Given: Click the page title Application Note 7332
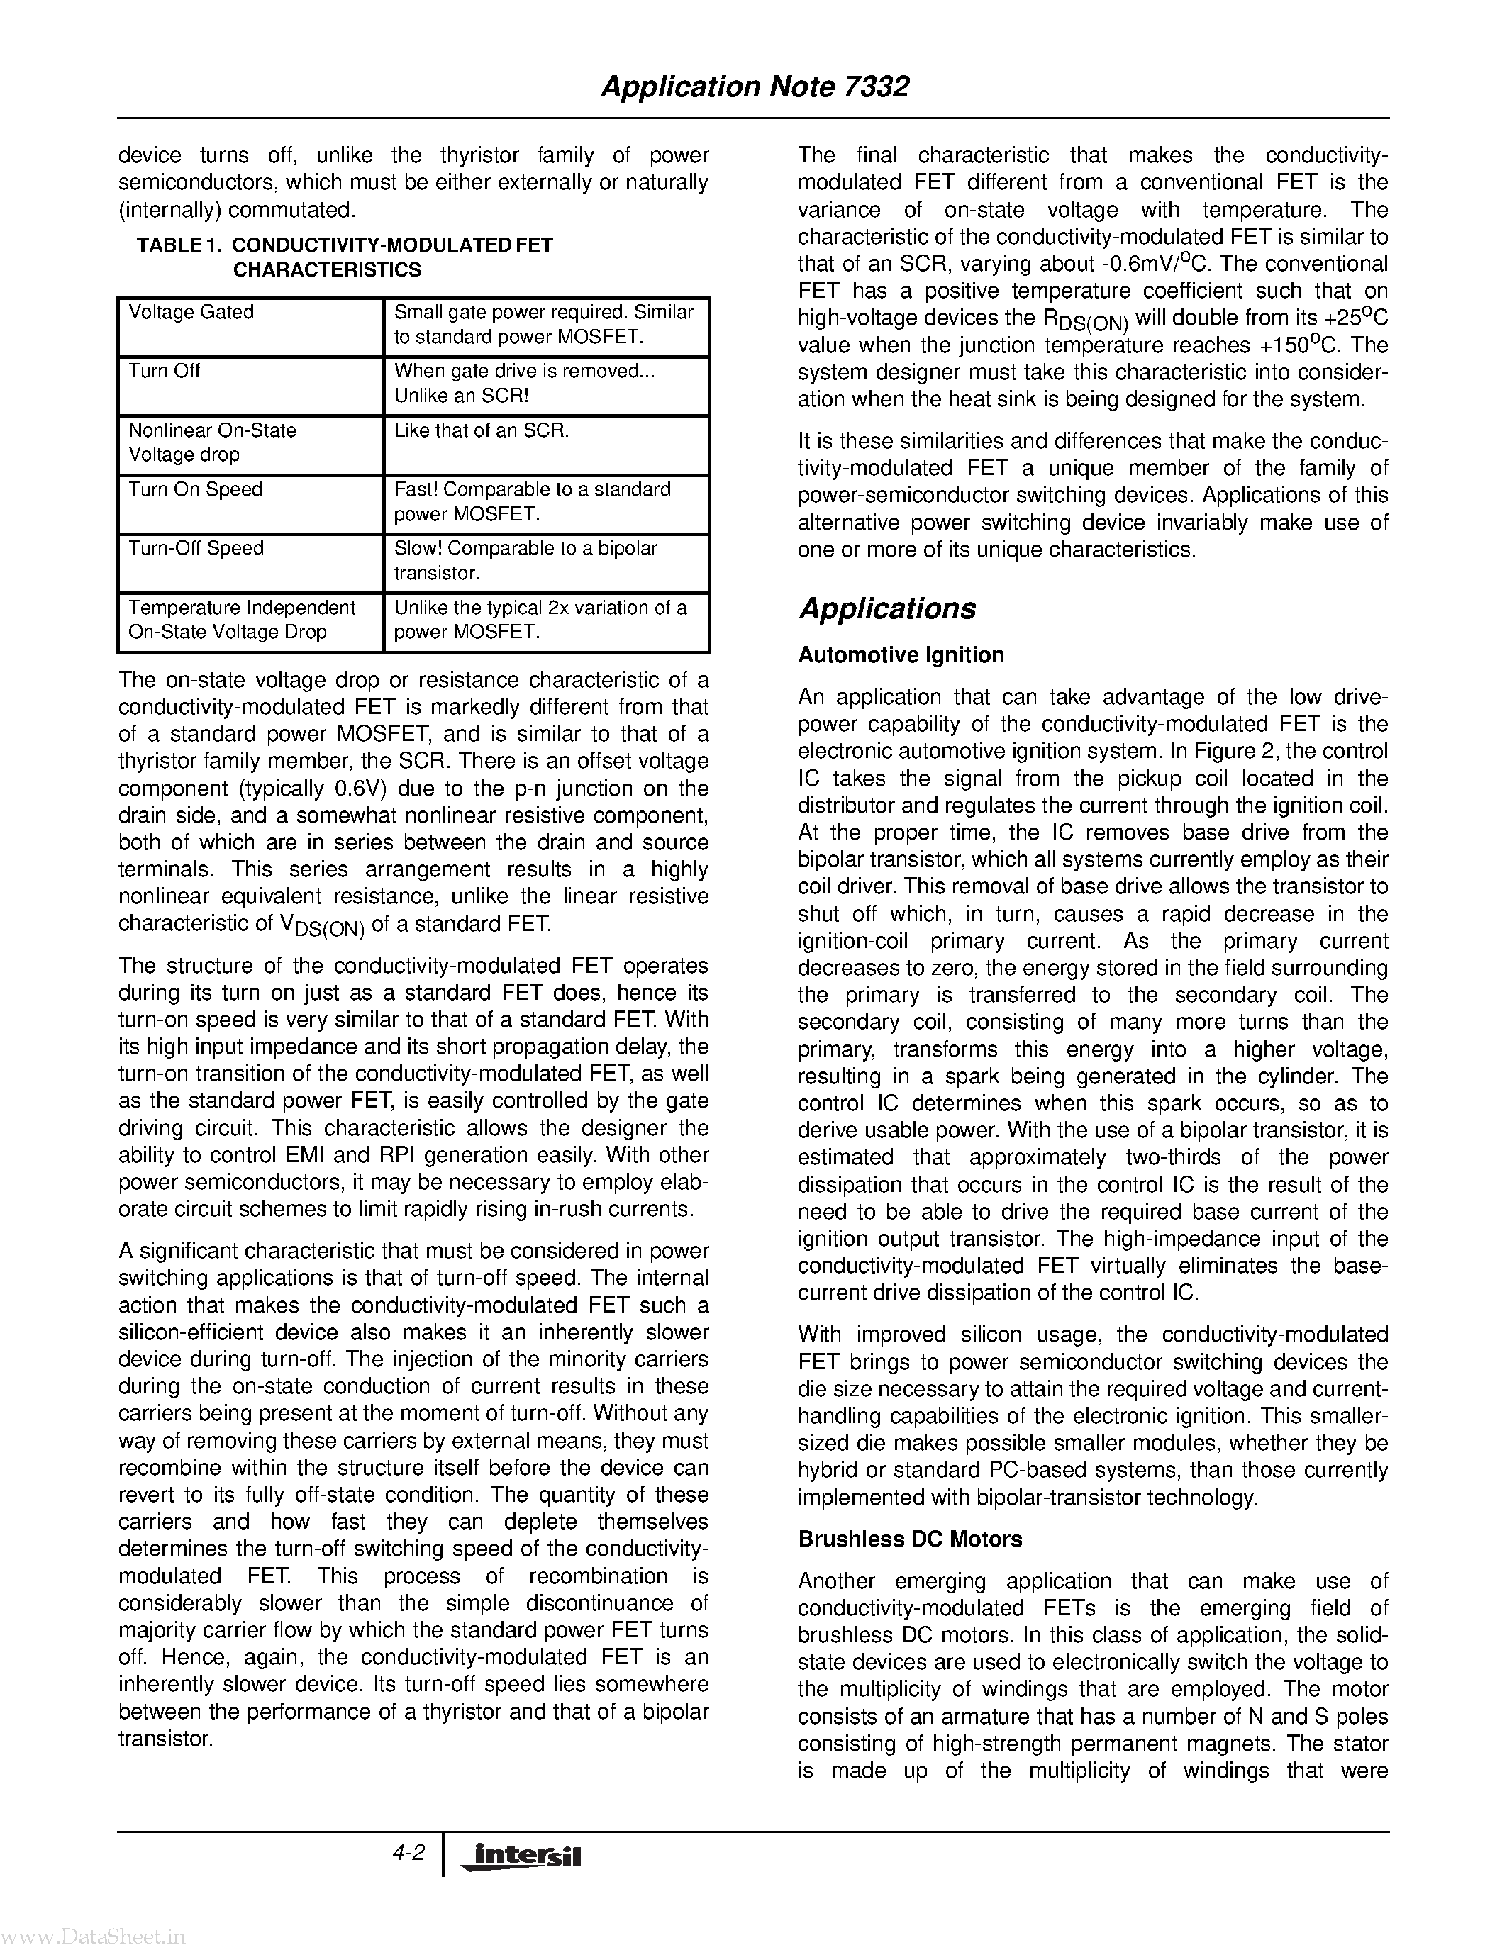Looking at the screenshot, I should [755, 87].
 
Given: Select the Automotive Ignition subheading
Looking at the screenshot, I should [900, 654].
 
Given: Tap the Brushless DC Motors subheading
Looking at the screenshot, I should [910, 1539].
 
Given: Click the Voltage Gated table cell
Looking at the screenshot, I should [191, 313].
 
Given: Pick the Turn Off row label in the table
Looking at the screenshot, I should [165, 372].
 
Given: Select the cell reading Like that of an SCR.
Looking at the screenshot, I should [482, 430].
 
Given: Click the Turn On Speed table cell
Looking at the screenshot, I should [196, 489].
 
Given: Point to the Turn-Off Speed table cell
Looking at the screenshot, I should [196, 548].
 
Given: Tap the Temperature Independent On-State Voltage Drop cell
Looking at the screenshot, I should [242, 620].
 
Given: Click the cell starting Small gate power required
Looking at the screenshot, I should [544, 324].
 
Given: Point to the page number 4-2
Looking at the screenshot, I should [408, 1853].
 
